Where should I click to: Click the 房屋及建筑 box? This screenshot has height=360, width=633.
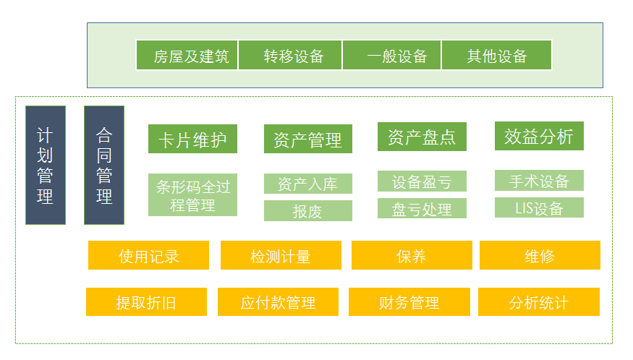click(187, 55)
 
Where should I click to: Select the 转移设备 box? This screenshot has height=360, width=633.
click(290, 55)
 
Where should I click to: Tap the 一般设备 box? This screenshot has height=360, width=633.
click(391, 55)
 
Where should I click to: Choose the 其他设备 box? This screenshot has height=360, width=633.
click(496, 55)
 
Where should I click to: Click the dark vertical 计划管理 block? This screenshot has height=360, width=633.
click(46, 165)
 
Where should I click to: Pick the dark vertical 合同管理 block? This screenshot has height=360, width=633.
click(104, 165)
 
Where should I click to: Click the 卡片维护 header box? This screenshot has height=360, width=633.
click(192, 139)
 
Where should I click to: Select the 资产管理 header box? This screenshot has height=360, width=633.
click(308, 139)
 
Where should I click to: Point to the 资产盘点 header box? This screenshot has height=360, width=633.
click(422, 137)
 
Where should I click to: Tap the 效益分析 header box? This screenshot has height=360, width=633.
click(539, 136)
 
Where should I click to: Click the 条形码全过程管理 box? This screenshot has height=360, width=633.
click(192, 195)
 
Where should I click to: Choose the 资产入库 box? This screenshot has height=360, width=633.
click(308, 184)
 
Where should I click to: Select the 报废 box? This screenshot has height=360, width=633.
click(308, 210)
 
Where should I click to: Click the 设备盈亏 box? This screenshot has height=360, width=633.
click(422, 181)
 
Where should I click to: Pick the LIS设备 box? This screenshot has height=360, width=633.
click(539, 207)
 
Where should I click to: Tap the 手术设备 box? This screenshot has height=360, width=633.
click(539, 181)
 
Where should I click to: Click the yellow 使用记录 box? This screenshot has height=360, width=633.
click(148, 255)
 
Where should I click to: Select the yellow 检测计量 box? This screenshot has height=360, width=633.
click(281, 255)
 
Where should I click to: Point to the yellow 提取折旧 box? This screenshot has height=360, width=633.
click(146, 302)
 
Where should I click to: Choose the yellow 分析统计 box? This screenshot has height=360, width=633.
click(538, 302)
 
